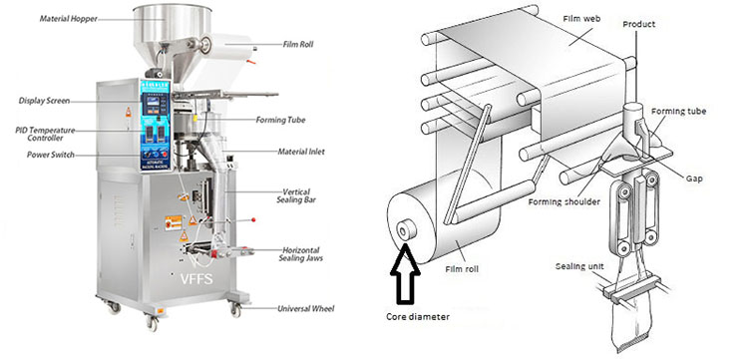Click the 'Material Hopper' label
(68, 19)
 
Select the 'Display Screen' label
(44, 101)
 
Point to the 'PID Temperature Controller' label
(45, 134)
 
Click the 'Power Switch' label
(51, 155)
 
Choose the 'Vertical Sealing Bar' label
(296, 195)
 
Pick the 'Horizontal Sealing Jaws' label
(300, 254)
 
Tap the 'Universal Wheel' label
(306, 308)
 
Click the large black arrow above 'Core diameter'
(405, 273)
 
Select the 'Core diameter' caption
(418, 316)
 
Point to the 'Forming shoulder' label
(563, 202)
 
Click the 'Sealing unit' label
(576, 266)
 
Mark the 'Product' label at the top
(638, 24)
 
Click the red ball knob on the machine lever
(253, 219)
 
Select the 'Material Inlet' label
(301, 152)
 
